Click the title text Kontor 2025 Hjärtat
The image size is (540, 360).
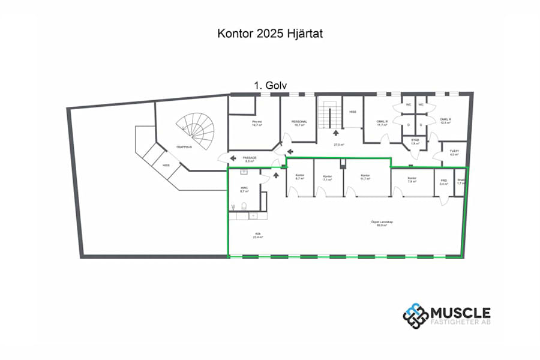click(x=270, y=34)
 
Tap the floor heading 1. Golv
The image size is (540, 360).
click(x=270, y=86)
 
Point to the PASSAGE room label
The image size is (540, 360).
click(x=250, y=158)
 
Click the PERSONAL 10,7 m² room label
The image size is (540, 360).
click(x=299, y=123)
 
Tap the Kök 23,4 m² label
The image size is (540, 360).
click(x=259, y=236)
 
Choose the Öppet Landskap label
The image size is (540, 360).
click(x=377, y=223)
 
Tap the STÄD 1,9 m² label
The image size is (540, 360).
click(x=415, y=142)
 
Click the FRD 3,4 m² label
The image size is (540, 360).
click(x=444, y=182)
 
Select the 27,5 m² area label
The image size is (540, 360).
click(x=339, y=145)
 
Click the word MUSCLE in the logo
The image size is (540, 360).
click(x=461, y=313)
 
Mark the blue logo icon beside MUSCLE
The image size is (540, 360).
click(x=415, y=316)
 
